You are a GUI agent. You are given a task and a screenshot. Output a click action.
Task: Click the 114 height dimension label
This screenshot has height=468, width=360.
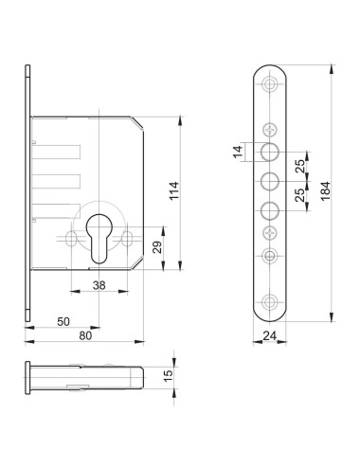click(x=174, y=190)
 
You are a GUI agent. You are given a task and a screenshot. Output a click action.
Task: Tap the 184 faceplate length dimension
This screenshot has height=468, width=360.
click(x=325, y=190)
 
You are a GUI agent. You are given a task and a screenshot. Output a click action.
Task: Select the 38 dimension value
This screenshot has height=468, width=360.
click(x=99, y=285)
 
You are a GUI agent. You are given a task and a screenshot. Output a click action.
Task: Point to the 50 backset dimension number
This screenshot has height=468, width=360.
click(x=63, y=321)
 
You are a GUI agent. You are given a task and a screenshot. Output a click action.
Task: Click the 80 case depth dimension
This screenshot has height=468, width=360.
click(x=85, y=335)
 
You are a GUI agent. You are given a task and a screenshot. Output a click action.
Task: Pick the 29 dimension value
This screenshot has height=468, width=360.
click(x=157, y=247)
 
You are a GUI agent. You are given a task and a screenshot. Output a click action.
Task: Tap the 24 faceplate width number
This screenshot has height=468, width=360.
click(x=269, y=335)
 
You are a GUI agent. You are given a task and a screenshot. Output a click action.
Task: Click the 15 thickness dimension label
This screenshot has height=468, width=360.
click(x=169, y=375)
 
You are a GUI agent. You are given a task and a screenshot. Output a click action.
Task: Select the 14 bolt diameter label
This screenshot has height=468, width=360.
click(x=239, y=151)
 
